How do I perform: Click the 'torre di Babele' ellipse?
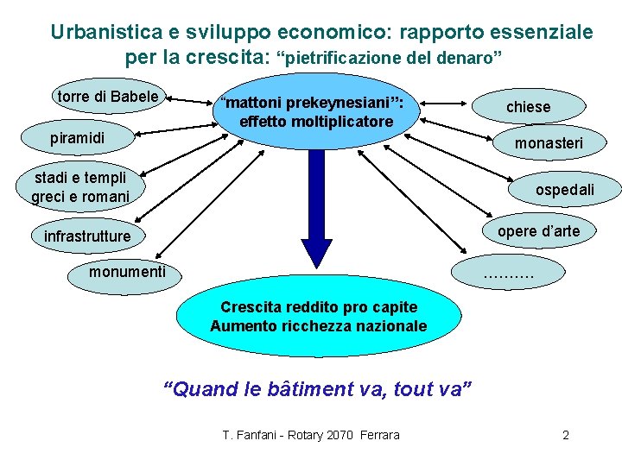tap(108, 97)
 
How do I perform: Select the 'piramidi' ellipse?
tap(78, 137)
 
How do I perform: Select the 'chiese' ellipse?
tap(528, 106)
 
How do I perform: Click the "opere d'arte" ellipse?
tap(538, 230)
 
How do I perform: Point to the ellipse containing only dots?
tap(510, 274)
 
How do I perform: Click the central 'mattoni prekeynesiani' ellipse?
tap(315, 112)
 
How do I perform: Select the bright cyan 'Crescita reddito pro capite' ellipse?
tap(318, 317)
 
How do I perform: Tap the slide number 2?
tap(566, 435)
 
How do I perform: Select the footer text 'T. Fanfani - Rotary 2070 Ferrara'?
tap(311, 435)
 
